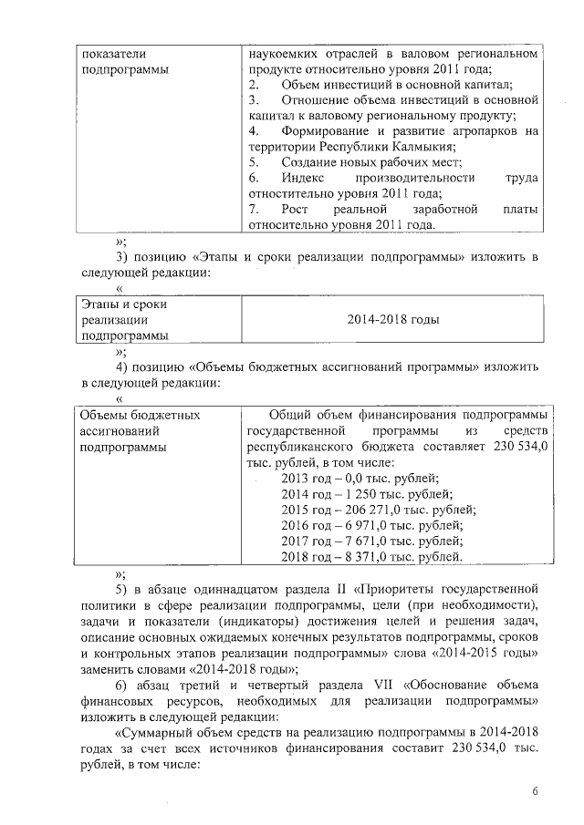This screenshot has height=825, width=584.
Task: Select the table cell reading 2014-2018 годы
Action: click(x=393, y=320)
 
